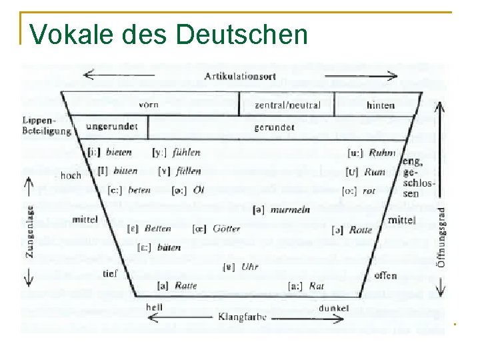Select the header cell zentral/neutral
tap(287, 105)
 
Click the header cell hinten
tap(380, 105)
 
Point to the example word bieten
tap(119, 153)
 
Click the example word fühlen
tap(187, 153)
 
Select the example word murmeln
tap(291, 209)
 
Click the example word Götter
tap(227, 229)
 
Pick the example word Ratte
tap(186, 286)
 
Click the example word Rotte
tap(361, 229)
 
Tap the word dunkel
tap(334, 309)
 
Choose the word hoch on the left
tap(71, 175)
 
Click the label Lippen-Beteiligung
tap(45, 126)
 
